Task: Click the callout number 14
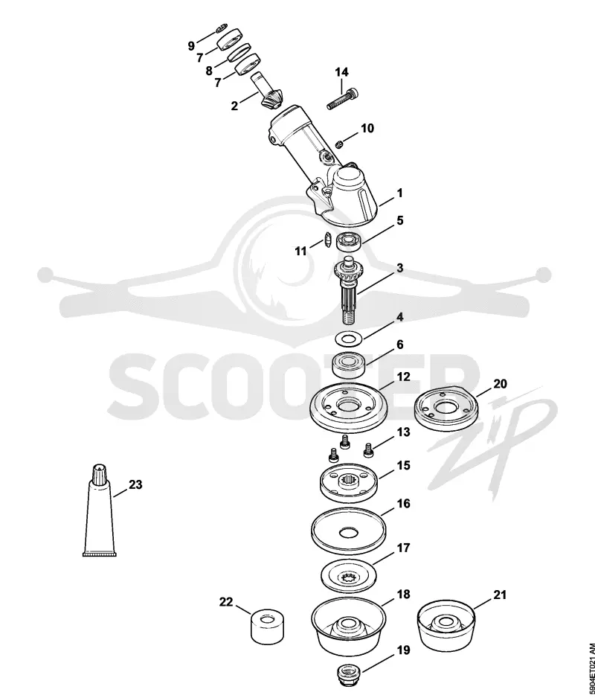coord(342,72)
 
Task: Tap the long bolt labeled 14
coord(343,99)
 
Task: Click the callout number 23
coord(135,484)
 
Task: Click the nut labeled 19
coord(347,675)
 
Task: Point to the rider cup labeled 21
coord(446,627)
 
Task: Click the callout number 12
coord(403,377)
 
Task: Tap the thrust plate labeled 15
coord(349,484)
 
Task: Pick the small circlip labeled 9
coord(221,30)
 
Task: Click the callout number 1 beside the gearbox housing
coord(399,193)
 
